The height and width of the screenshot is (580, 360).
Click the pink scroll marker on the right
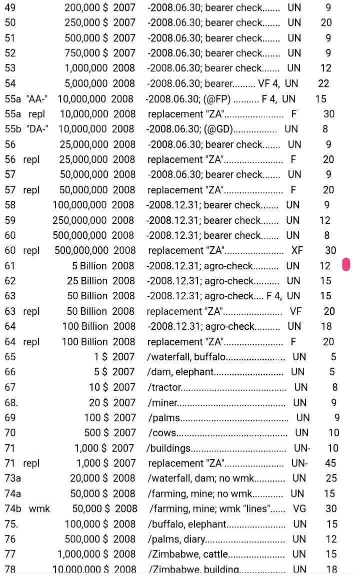[346, 265]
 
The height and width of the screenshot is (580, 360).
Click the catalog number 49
[10, 8]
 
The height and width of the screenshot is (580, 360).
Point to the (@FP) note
[217, 99]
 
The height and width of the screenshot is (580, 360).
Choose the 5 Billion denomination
[89, 266]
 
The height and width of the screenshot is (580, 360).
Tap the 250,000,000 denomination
[79, 220]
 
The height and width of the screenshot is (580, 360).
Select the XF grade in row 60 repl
[297, 250]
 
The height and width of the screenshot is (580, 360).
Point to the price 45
[330, 463]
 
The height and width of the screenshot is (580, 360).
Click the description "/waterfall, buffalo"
[186, 357]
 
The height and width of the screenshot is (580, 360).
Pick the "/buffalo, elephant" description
[187, 524]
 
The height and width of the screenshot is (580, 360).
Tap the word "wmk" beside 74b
[39, 509]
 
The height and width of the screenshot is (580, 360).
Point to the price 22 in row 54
[323, 83]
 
